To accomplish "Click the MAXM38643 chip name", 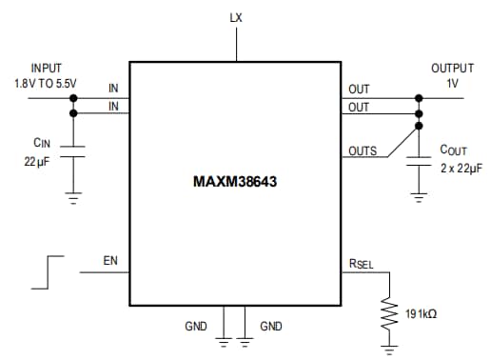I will pos(235,176).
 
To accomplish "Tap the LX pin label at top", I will pos(236,18).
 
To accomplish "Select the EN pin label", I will pos(110,259).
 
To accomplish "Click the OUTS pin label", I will pos(363,150).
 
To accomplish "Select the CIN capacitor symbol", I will pos(73,151).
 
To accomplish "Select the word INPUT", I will pos(46,69).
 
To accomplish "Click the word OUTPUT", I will pos(451,69).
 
